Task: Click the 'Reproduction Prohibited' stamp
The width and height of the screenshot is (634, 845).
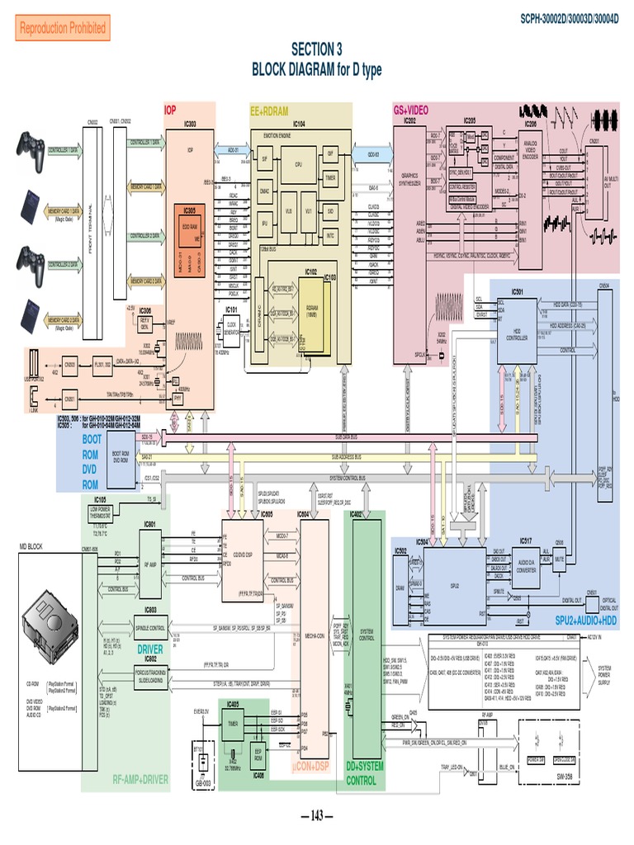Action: [x=63, y=28]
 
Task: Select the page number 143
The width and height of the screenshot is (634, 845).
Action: [x=316, y=816]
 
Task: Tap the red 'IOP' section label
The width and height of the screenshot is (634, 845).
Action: [x=170, y=110]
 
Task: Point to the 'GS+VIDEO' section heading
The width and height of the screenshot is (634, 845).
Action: [x=411, y=110]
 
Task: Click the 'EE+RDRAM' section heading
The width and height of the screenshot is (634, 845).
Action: [x=269, y=110]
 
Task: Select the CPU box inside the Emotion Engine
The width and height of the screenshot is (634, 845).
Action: [x=298, y=163]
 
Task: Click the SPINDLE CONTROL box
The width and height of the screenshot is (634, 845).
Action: [x=150, y=628]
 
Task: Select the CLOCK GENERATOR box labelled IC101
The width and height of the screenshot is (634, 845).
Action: [x=232, y=328]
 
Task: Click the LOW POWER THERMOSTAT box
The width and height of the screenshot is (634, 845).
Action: [x=100, y=514]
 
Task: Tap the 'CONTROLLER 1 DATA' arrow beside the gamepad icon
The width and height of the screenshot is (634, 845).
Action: [x=63, y=151]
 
